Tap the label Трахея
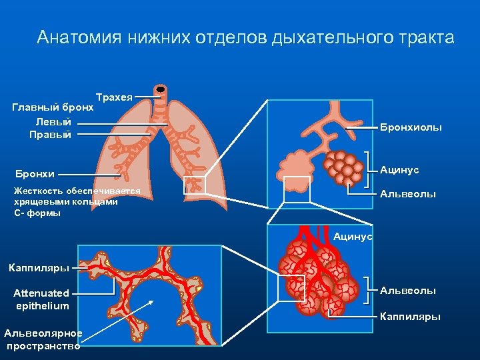(114, 97)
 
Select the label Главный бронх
(53, 107)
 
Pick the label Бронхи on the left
(34, 175)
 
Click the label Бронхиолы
(411, 127)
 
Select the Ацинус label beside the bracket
(399, 171)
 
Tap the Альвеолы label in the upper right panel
(408, 194)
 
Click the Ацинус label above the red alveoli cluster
(353, 237)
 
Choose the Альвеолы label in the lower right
(408, 291)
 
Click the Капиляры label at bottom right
(410, 316)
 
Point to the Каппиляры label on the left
(39, 268)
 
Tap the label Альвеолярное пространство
(43, 339)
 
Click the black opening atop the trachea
(160, 89)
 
